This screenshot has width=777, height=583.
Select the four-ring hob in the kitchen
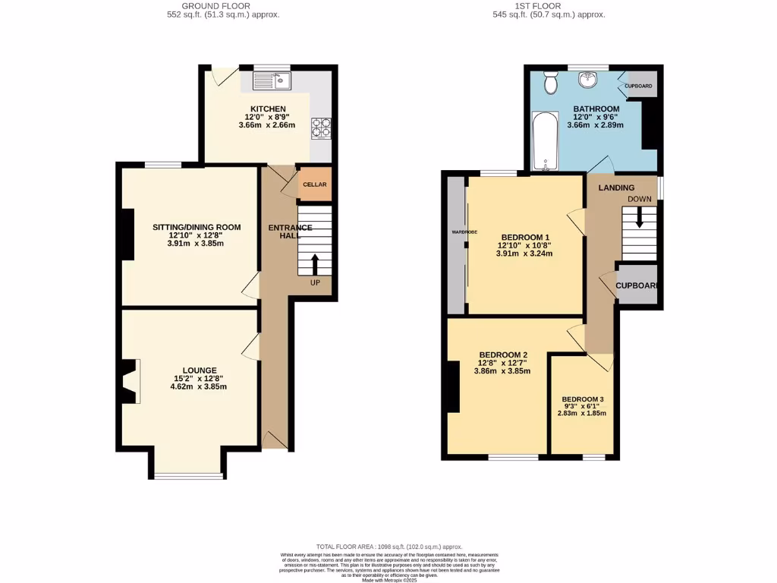click(x=320, y=128)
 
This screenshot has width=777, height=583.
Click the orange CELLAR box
click(x=315, y=184)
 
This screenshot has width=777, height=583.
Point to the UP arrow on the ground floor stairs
click(x=315, y=265)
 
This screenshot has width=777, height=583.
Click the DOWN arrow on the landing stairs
click(x=639, y=217)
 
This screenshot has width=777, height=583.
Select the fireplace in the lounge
click(x=131, y=381)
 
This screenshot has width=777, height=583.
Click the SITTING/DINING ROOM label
click(x=197, y=227)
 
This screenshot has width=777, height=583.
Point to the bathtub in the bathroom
click(x=545, y=142)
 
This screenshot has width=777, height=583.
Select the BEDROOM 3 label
click(x=583, y=399)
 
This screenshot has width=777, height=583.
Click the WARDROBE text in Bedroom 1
click(x=464, y=232)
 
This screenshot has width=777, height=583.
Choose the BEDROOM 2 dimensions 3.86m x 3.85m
click(x=502, y=371)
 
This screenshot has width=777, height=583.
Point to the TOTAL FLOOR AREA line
click(x=388, y=547)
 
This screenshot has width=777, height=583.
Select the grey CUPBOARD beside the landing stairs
click(x=637, y=285)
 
